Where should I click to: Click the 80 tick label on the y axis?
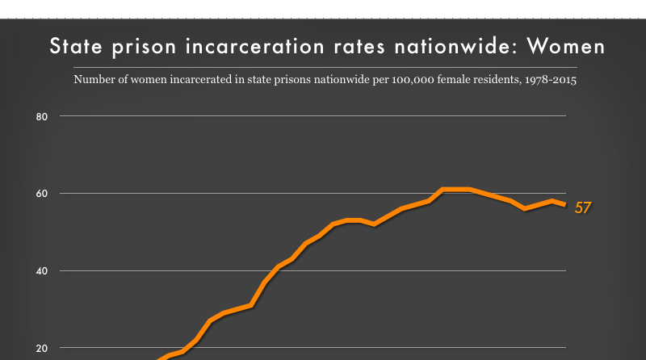pyautogui.click(x=43, y=116)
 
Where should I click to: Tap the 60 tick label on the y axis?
pyautogui.click(x=43, y=194)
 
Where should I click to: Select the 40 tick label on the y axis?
pyautogui.click(x=43, y=271)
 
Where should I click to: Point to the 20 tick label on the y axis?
pyautogui.click(x=43, y=348)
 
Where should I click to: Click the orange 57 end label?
pyautogui.click(x=583, y=208)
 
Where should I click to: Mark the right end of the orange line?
pyautogui.click(x=565, y=204)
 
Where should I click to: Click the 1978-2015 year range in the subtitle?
pyautogui.click(x=549, y=81)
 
